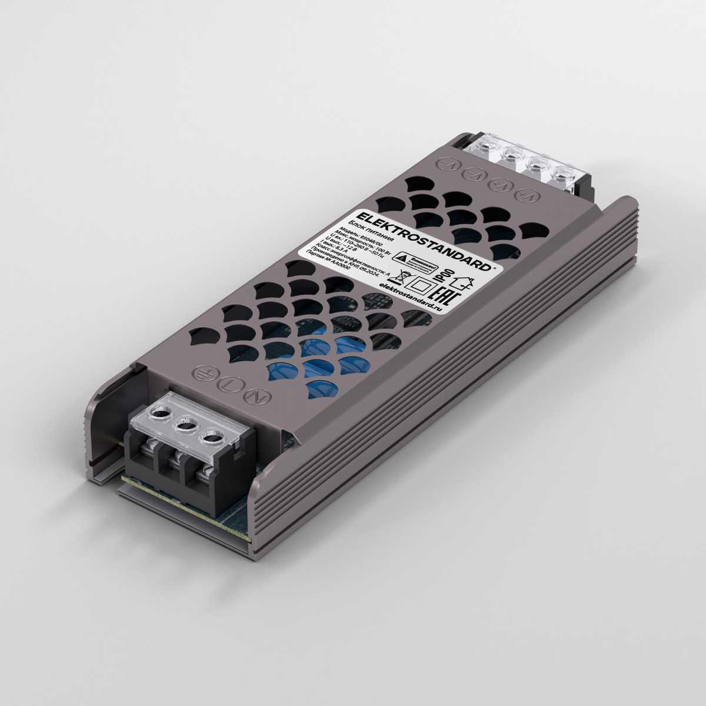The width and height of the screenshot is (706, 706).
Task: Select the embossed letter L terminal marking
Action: (x=229, y=384)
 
